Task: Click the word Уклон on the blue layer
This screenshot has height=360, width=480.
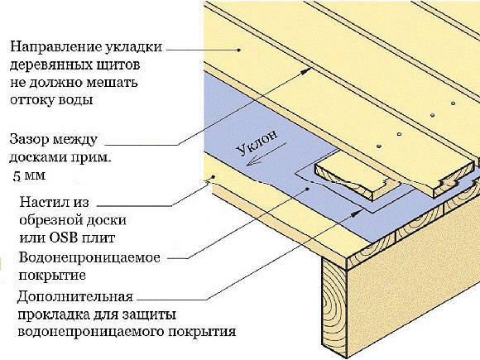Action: [x=257, y=142]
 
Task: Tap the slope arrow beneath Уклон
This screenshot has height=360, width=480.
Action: [x=266, y=154]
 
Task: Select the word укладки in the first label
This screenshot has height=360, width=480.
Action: [x=133, y=48]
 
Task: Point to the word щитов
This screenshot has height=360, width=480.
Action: [x=118, y=65]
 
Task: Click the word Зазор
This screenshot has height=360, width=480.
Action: [x=30, y=140]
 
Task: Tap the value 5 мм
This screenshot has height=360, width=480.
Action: [x=29, y=175]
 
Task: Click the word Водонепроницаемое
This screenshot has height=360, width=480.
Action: [x=89, y=257]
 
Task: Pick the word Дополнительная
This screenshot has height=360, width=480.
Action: [x=75, y=297]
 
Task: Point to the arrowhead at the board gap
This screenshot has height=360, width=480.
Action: [x=306, y=71]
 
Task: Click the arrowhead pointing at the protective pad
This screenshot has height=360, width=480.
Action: [x=357, y=213]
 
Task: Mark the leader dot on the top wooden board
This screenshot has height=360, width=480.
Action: [x=240, y=50]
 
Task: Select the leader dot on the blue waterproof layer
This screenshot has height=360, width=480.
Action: [x=307, y=189]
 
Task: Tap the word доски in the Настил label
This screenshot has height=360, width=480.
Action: [x=106, y=220]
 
